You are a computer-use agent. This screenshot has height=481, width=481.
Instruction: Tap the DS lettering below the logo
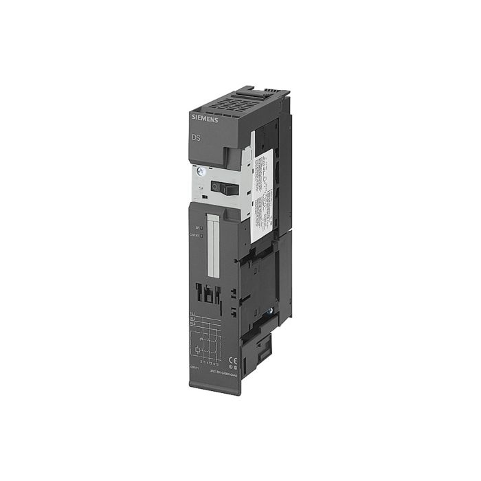click(x=195, y=139)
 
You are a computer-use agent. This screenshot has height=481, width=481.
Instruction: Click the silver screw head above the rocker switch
click(x=198, y=172)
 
